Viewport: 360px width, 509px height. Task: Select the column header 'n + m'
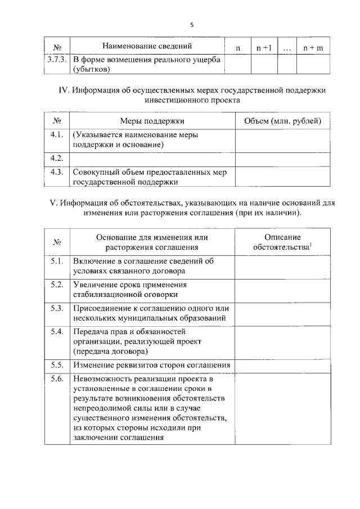point(313,48)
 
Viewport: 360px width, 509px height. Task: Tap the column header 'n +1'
point(264,48)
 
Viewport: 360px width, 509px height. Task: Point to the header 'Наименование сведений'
point(147,46)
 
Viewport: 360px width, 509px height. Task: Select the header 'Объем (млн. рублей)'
point(282,121)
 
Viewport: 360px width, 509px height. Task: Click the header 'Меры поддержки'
point(152,121)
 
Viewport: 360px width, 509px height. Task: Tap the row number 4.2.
point(56,158)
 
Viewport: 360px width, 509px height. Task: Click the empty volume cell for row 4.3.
point(282,177)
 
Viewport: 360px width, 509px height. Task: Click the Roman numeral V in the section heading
point(55,203)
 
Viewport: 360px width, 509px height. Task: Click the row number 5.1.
point(56,261)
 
